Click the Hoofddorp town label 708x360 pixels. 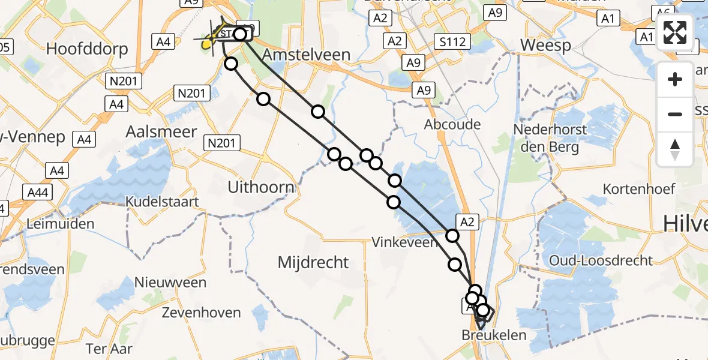87,49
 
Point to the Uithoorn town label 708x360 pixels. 261,188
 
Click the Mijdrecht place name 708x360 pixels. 313,262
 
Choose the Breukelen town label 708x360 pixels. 494,335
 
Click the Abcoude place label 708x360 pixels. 452,124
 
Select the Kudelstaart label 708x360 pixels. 162,202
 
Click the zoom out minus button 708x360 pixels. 675,114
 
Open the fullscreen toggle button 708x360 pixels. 675,33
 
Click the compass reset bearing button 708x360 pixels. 675,149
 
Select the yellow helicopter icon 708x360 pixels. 208,42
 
